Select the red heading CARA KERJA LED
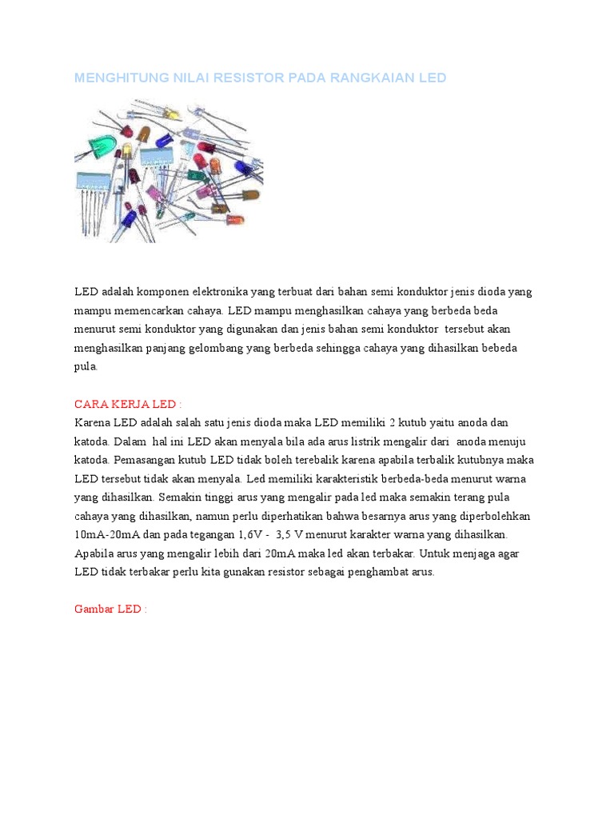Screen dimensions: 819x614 click(128, 404)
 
